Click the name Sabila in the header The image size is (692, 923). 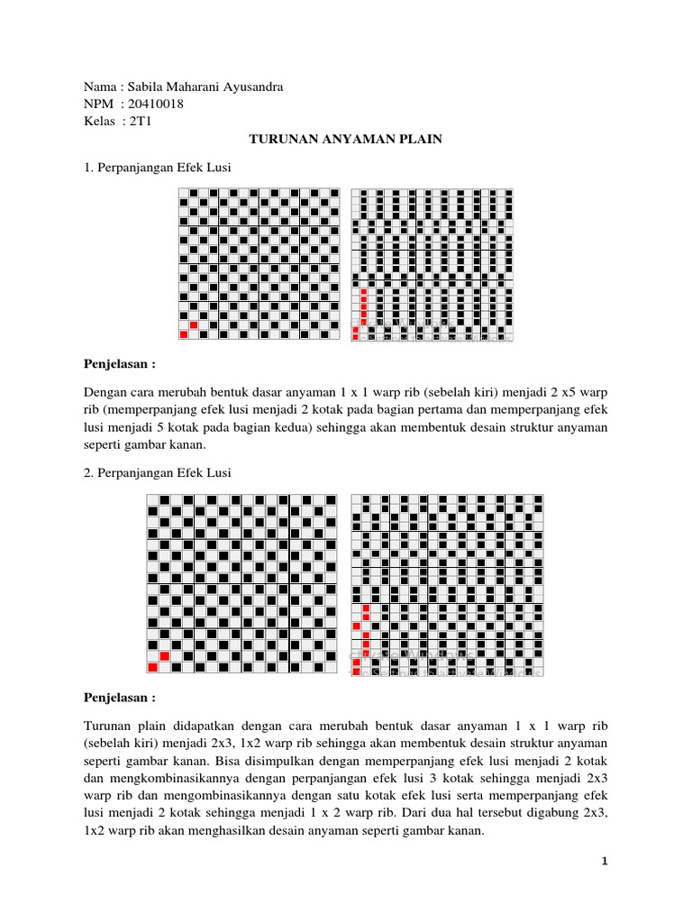click(146, 87)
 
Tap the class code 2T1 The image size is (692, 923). click(141, 122)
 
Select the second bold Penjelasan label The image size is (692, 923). click(120, 698)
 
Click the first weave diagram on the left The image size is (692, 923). click(259, 264)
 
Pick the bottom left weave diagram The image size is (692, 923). click(242, 584)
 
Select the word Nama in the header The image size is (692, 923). click(100, 87)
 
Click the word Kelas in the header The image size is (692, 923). click(100, 122)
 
